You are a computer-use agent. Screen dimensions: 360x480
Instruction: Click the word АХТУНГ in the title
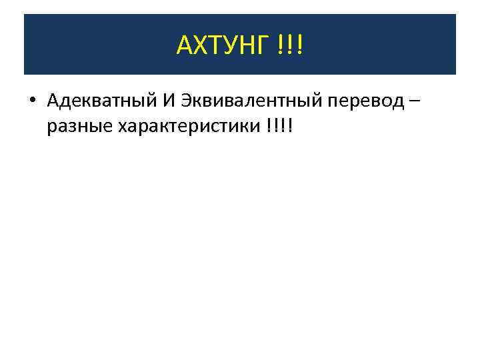[x=222, y=46]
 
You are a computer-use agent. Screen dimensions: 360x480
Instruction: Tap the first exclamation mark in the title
[x=282, y=46]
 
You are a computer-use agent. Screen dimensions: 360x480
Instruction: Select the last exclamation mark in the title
[x=299, y=46]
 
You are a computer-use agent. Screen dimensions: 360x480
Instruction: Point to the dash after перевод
[x=416, y=101]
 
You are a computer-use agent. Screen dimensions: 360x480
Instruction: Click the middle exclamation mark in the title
[x=291, y=46]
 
